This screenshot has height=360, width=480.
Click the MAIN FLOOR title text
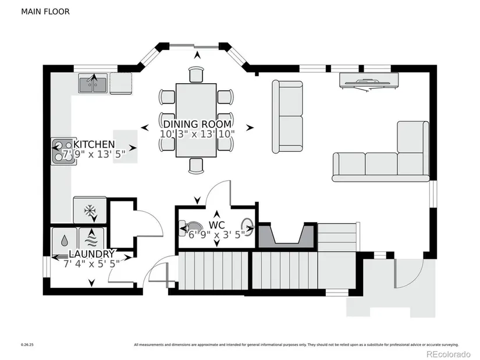[x=45, y=11]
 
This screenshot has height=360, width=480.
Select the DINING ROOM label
[x=197, y=124]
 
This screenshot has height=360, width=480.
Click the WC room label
[x=216, y=224]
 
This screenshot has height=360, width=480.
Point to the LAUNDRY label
[x=91, y=254]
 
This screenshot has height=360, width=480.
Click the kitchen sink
[x=93, y=84]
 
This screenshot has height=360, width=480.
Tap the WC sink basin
[x=248, y=227]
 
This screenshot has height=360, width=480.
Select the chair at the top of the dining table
[x=197, y=75]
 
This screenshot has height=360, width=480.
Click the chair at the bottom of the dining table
[x=197, y=166]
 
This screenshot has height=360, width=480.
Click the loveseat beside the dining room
[x=288, y=117]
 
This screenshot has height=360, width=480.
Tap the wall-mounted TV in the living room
[x=370, y=80]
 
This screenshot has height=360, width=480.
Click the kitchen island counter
[x=125, y=147]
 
